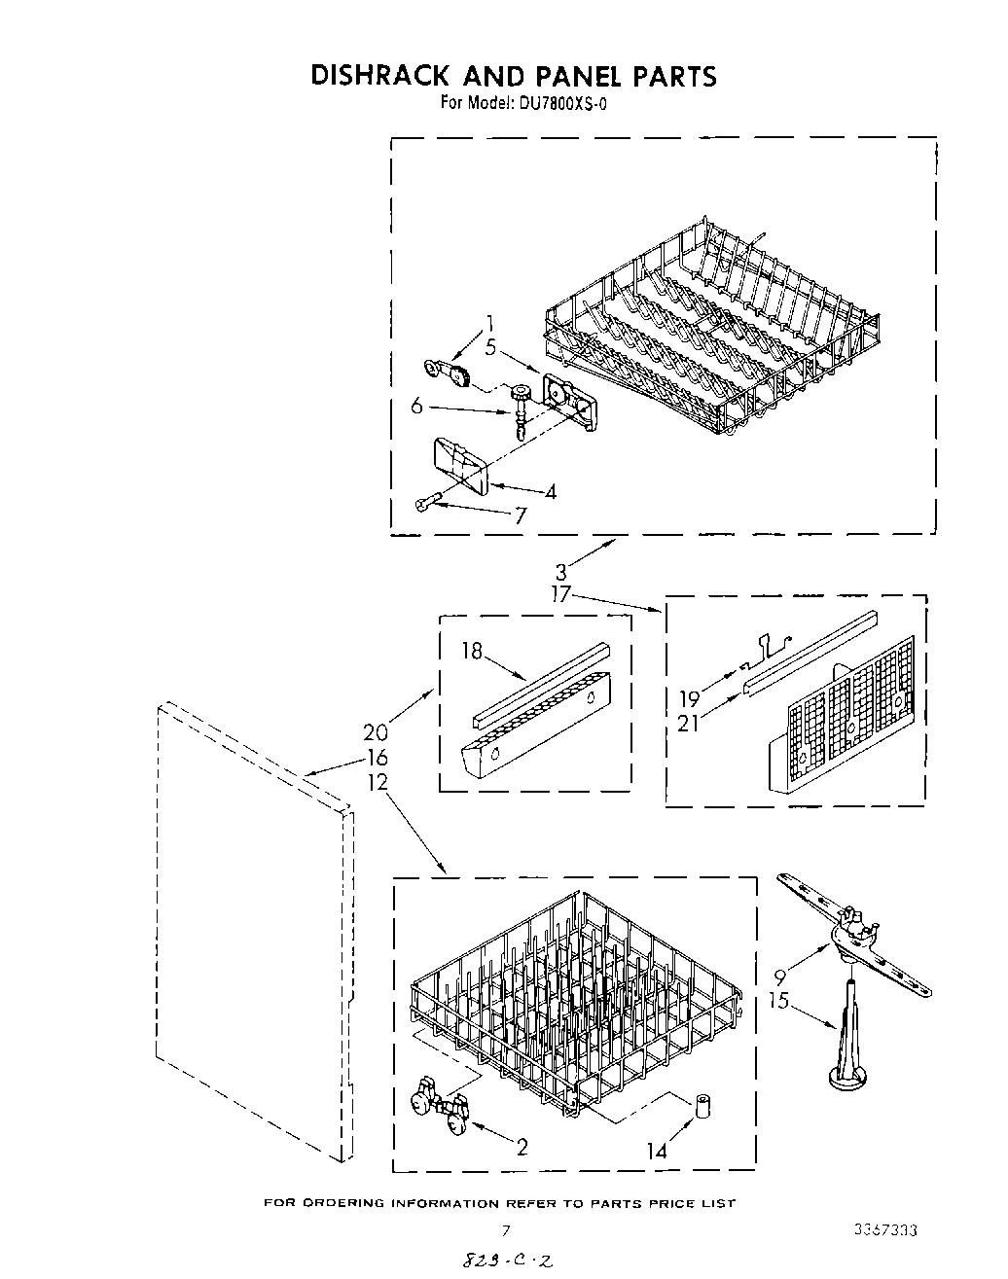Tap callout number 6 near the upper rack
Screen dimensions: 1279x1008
pyautogui.click(x=417, y=407)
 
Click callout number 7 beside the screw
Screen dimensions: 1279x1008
pyautogui.click(x=520, y=516)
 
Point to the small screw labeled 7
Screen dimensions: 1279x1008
pyautogui.click(x=426, y=503)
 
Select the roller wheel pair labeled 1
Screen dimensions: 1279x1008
pyautogui.click(x=448, y=371)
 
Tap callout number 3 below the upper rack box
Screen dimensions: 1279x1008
pyautogui.click(x=561, y=573)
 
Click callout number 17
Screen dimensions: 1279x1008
pyautogui.click(x=560, y=595)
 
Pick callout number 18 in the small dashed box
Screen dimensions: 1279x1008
pyautogui.click(x=472, y=652)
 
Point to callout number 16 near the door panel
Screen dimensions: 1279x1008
pyautogui.click(x=378, y=758)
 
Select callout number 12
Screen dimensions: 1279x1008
pyautogui.click(x=378, y=781)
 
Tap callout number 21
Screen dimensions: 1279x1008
pyautogui.click(x=690, y=725)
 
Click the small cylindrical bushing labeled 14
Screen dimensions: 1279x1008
pyautogui.click(x=701, y=1107)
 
